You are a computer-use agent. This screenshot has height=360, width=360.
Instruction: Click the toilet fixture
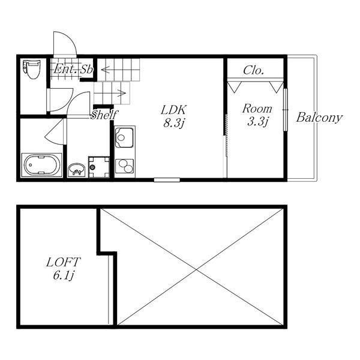click(31, 70)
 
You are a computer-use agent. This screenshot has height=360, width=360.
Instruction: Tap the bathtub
click(42, 165)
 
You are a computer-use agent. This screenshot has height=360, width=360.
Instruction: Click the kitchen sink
click(124, 137)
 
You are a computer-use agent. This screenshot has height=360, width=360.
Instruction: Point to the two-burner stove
click(124, 166)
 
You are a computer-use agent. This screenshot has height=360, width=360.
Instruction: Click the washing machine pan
click(99, 167)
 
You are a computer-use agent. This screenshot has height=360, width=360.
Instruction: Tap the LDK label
click(173, 110)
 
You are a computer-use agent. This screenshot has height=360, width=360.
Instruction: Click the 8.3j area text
click(174, 123)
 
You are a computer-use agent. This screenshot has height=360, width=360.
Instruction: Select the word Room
click(257, 109)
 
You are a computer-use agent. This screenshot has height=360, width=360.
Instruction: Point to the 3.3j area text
click(257, 121)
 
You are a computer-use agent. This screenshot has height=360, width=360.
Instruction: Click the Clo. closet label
click(253, 70)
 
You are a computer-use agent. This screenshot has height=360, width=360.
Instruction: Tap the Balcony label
click(319, 118)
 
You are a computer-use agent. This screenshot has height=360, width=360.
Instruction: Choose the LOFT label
click(63, 262)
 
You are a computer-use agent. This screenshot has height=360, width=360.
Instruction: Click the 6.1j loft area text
click(64, 275)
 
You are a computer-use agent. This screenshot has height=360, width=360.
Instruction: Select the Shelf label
click(104, 115)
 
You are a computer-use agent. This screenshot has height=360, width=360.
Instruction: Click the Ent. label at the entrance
click(65, 68)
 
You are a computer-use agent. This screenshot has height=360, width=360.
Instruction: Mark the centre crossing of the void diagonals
click(196, 270)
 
